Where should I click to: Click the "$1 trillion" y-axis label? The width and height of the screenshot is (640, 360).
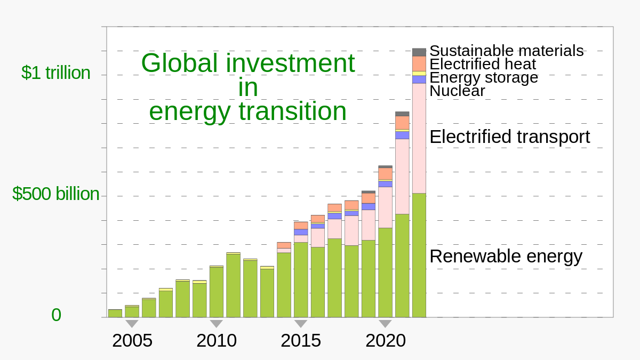click(55, 73)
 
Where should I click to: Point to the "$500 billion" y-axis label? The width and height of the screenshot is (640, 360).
click(55, 194)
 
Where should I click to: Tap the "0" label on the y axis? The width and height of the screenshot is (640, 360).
click(56, 315)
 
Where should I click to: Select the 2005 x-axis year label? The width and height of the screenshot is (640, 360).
click(132, 340)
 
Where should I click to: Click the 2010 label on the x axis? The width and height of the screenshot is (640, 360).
click(216, 340)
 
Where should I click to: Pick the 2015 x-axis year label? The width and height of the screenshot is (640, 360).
click(301, 340)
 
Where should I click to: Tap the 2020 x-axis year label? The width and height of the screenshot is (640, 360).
click(385, 340)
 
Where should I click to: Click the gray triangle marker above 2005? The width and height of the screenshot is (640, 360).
click(132, 323)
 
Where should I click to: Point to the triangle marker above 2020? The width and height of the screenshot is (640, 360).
click(385, 323)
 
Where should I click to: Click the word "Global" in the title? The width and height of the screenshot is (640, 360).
click(179, 63)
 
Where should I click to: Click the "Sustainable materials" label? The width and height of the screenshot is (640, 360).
click(506, 51)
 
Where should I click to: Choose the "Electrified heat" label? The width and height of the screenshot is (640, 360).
click(482, 64)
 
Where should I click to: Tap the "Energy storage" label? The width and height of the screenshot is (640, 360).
click(483, 77)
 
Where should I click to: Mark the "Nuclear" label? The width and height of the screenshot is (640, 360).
click(457, 91)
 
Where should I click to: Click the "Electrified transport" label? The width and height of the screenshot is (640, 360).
click(509, 137)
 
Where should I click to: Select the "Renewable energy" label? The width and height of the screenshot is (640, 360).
click(506, 256)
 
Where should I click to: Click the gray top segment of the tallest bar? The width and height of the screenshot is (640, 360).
click(419, 52)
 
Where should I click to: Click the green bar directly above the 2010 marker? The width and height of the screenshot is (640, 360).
click(216, 292)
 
